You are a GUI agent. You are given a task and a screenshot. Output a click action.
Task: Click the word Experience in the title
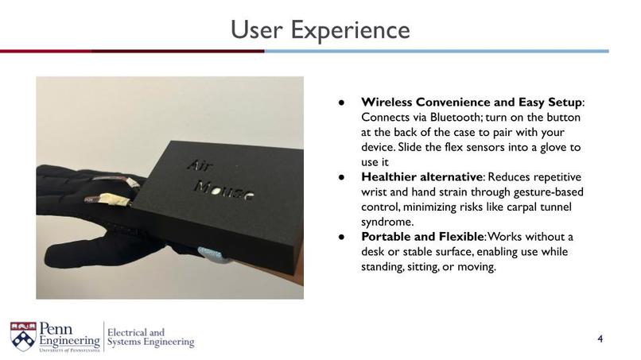[350, 31]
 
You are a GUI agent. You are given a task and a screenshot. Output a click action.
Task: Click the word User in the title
[256, 30]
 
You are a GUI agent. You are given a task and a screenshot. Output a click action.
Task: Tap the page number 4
[600, 339]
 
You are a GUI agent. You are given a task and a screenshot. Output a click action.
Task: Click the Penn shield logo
[23, 337]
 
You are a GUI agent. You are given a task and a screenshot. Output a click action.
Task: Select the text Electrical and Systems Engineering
[151, 337]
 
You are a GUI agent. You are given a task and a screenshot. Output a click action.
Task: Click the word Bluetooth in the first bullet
[455, 118]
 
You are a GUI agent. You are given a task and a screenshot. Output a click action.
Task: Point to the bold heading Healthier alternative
[422, 177]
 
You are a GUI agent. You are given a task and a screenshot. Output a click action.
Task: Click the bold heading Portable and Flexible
[422, 237]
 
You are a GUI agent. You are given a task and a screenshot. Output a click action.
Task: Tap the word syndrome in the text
[387, 223]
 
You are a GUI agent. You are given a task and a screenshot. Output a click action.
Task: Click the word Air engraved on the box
[200, 165]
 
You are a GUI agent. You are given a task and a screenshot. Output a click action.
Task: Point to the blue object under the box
[209, 254]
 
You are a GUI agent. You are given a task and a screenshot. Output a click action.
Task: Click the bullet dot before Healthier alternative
[342, 177]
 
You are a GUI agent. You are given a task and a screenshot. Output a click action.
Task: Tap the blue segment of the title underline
[437, 51]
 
